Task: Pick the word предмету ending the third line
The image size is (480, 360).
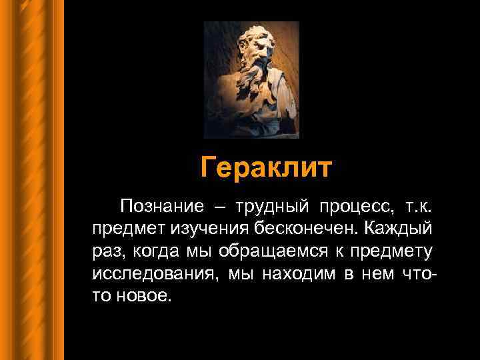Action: coord(396,251)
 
